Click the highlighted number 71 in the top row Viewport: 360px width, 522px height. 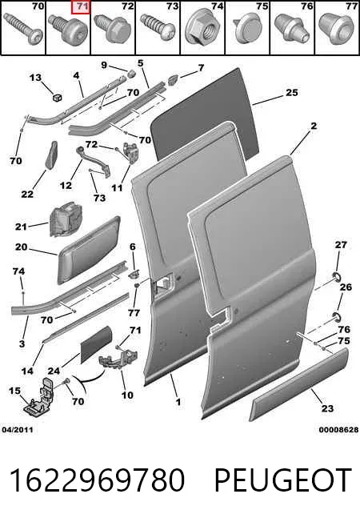(x=81, y=7)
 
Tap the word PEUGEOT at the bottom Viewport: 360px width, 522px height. (x=282, y=480)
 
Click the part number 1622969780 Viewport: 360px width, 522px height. (x=97, y=480)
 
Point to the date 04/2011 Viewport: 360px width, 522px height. (x=18, y=430)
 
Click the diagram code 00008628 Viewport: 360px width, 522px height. (x=338, y=430)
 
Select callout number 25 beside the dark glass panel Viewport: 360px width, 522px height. (x=292, y=92)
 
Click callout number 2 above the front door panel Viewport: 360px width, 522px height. (x=314, y=126)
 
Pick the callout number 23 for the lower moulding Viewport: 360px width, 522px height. (x=327, y=408)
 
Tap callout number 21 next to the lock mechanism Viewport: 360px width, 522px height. (x=21, y=227)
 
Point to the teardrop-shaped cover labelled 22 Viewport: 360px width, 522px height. (x=50, y=155)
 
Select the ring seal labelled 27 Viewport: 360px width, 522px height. (x=337, y=276)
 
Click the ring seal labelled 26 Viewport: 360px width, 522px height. (x=337, y=316)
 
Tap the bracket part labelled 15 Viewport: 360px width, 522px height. (x=38, y=396)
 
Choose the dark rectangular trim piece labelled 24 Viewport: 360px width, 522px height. (x=98, y=344)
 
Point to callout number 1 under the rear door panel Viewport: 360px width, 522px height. (x=178, y=402)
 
